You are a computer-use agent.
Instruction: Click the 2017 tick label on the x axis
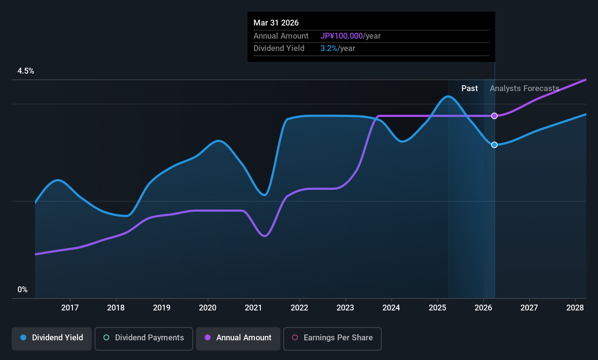tap(70, 308)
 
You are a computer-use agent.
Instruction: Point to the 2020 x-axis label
tap(208, 308)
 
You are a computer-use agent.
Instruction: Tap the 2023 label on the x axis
tap(345, 308)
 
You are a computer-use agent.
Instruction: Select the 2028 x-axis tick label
tap(575, 308)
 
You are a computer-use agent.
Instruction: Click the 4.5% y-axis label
tap(26, 71)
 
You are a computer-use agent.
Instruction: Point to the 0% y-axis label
tap(23, 290)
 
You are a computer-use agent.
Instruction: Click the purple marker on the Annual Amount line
tap(495, 116)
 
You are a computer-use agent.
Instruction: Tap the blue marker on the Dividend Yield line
tap(495, 145)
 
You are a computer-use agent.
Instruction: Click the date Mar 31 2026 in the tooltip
tap(276, 23)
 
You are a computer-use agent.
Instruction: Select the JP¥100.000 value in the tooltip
tap(342, 36)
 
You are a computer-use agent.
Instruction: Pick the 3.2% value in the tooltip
tap(328, 48)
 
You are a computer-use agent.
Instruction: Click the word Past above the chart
tap(469, 89)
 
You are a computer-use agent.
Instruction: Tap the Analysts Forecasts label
tap(524, 89)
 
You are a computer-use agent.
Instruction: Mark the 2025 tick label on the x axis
tap(437, 308)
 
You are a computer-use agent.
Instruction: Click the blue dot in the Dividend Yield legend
tap(24, 337)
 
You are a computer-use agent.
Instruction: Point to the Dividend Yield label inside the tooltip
tap(279, 48)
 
